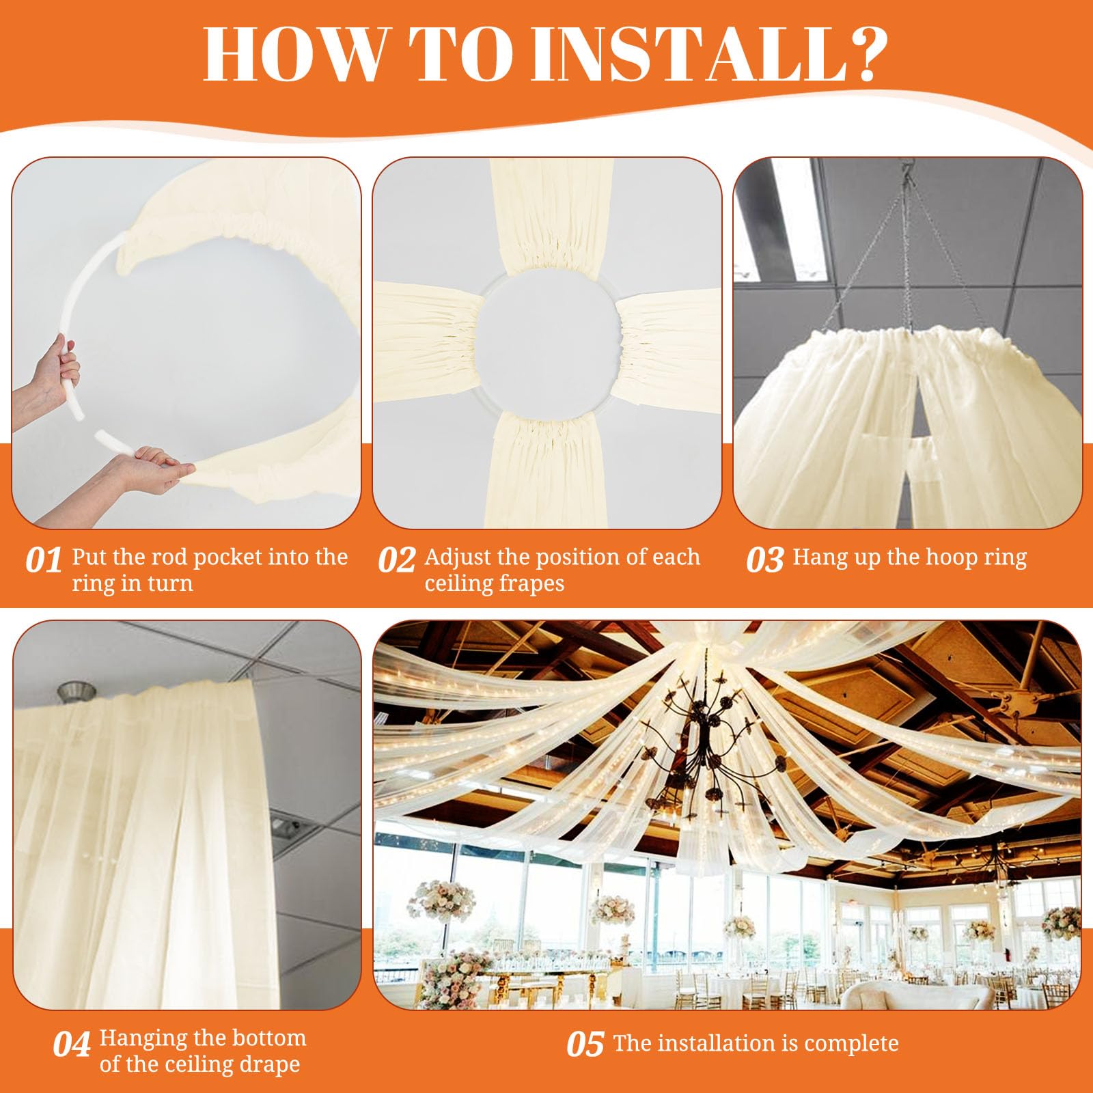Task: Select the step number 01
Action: pos(43,561)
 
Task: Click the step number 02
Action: pos(396,561)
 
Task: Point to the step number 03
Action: pos(764,561)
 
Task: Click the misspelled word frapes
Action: pos(529,583)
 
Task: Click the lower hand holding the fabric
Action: pos(147,471)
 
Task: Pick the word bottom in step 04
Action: pos(271,1038)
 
